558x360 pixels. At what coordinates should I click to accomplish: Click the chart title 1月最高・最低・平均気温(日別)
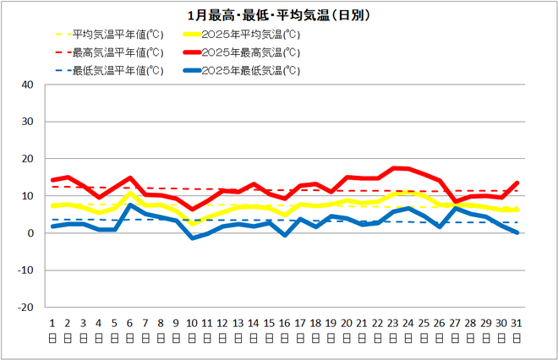pos(279,15)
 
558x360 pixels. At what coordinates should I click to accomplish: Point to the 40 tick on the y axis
pos(27,85)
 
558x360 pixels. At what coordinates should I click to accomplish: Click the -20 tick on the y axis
pos(25,308)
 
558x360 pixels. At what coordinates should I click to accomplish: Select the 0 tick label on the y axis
pos(30,233)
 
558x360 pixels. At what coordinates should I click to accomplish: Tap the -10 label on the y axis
pos(25,270)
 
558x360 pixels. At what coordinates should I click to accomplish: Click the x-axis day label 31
pos(517,324)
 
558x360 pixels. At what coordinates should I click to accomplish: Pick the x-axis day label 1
pos(52,324)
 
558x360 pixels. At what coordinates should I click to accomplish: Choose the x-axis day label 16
pos(284,324)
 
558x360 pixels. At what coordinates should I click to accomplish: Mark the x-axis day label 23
pos(393,324)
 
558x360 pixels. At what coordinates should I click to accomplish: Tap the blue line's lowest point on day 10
pos(192,238)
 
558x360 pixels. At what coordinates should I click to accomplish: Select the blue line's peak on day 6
pos(130,205)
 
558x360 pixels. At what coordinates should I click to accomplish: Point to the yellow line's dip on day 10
pos(192,223)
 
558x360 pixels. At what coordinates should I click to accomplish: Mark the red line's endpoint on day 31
pos(517,183)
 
